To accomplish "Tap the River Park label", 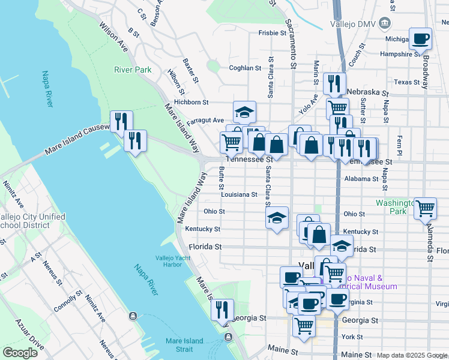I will pyautogui.click(x=133, y=70).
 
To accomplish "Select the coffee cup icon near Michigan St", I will pyautogui.click(x=421, y=39).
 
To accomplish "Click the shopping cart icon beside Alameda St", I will pyautogui.click(x=425, y=208).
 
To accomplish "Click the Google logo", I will pyautogui.click(x=20, y=352).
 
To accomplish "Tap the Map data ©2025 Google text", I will pyautogui.click(x=412, y=355).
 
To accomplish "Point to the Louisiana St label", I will pyautogui.click(x=238, y=194).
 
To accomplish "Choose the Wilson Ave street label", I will pyautogui.click(x=114, y=37).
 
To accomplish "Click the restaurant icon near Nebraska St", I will pyautogui.click(x=334, y=83).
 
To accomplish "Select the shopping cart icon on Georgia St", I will pyautogui.click(x=304, y=326).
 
